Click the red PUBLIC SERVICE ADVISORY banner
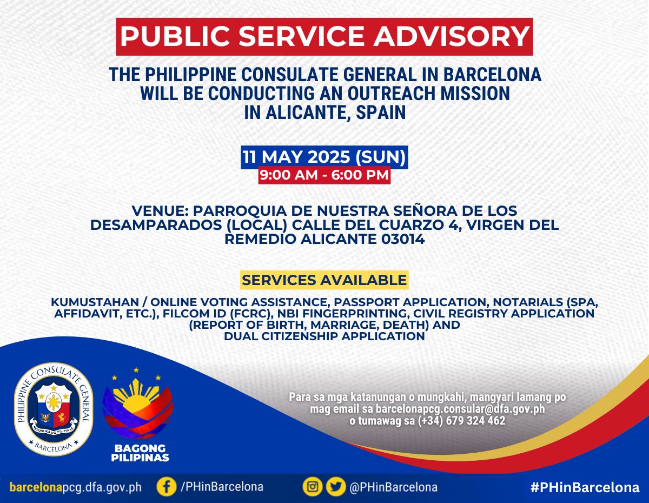tap(325, 37)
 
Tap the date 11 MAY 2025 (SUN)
tap(325, 157)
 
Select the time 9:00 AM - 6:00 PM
tap(325, 175)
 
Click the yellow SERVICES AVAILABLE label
tap(325, 280)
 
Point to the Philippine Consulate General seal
tap(54, 409)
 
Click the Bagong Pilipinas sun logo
tap(137, 403)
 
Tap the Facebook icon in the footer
tap(167, 487)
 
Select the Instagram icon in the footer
tap(313, 487)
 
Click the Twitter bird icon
tap(336, 487)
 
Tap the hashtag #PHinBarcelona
tap(585, 487)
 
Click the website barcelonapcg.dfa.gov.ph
tap(76, 487)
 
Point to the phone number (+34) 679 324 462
tap(461, 421)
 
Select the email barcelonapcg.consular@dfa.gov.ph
tap(460, 408)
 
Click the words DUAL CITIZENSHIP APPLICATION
tap(325, 336)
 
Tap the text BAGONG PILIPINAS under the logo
tap(140, 453)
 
